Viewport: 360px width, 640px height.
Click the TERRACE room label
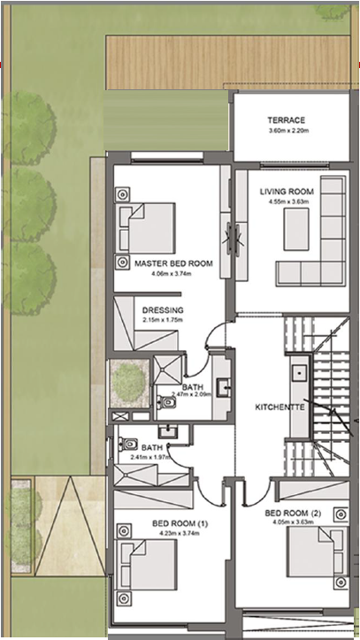coord(286,120)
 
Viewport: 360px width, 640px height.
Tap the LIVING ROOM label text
coord(287,192)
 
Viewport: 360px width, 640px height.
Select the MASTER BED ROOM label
coord(173,263)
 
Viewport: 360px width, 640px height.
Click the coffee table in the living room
coord(296,229)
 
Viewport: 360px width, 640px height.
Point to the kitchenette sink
coord(300,373)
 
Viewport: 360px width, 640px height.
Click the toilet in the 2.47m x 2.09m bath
coord(166,402)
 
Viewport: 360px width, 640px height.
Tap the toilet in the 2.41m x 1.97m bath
coord(127,444)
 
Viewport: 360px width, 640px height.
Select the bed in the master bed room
coord(147,228)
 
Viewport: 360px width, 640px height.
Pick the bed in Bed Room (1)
coord(147,565)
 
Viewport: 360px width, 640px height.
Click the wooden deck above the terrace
coord(228,63)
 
